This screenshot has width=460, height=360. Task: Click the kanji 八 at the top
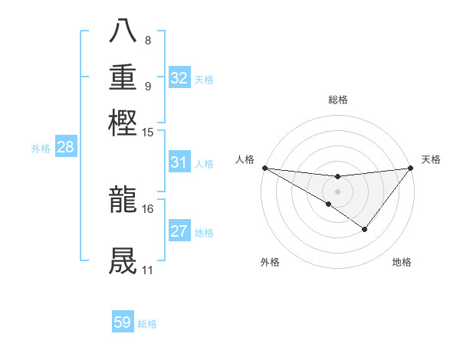coord(123,33)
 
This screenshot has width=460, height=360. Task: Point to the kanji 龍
coord(123,200)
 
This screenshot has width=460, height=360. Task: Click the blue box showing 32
coord(179,77)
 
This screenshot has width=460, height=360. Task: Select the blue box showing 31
coord(179,162)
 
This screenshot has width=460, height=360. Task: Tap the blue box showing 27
coord(179,231)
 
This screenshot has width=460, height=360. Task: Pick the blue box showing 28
coord(65,148)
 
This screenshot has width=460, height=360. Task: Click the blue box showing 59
coord(123,322)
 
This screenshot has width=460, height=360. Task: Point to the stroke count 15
coord(148,133)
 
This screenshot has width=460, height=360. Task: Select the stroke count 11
coord(148,270)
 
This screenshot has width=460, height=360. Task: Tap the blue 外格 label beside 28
coord(41,149)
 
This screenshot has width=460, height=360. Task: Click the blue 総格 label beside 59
coord(148,324)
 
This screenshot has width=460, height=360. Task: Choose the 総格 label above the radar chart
coord(337,100)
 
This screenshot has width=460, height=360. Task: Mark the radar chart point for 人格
coord(264,168)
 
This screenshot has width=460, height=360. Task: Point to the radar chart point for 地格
coord(365,229)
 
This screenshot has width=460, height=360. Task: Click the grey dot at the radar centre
coord(337,191)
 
